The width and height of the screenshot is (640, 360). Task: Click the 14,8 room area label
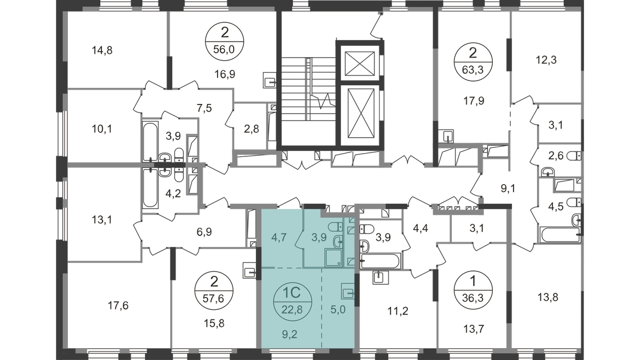[102, 51]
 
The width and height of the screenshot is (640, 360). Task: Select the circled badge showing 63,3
[473, 62]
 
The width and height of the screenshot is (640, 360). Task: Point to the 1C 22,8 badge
[292, 301]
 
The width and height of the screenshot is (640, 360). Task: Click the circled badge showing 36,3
[473, 290]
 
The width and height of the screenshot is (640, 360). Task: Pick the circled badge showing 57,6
[214, 291]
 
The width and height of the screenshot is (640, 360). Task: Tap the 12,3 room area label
[546, 60]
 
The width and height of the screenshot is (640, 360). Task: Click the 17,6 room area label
[118, 306]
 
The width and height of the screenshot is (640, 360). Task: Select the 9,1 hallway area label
[508, 188]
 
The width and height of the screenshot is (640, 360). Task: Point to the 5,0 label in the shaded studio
[338, 309]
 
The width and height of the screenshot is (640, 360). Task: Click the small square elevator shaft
[359, 63]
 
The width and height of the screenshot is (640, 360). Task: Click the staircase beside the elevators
[308, 89]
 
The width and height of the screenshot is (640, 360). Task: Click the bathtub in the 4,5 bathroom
[560, 235]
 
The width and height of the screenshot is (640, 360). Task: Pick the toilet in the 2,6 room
[574, 156]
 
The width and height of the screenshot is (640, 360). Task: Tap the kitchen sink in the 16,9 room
[269, 80]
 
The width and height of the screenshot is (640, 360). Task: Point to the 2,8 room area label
[251, 129]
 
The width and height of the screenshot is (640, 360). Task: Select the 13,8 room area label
[548, 297]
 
